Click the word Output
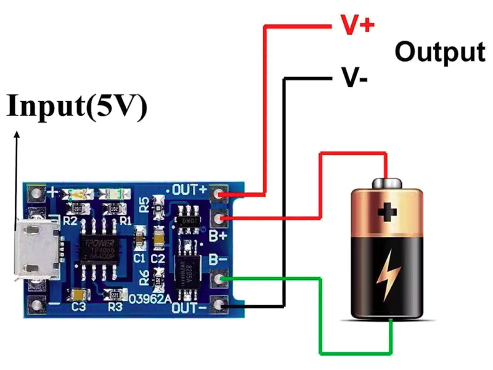[x=439, y=52]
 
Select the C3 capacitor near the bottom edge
[x=78, y=294]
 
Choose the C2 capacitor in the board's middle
[x=158, y=237]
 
